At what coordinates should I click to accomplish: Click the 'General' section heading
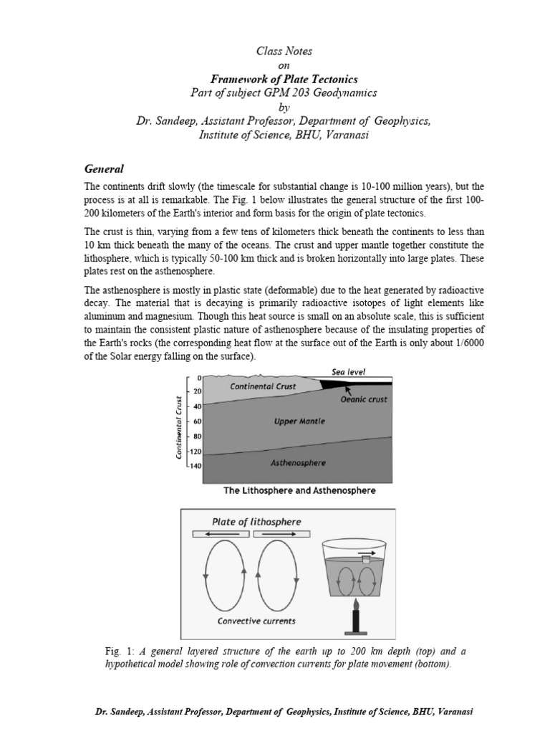(x=105, y=169)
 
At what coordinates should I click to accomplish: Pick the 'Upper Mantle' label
(x=299, y=421)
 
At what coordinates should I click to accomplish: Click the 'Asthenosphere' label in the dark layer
(x=297, y=462)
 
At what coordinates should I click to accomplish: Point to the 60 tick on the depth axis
(x=197, y=421)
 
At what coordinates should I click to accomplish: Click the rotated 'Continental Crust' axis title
(x=170, y=428)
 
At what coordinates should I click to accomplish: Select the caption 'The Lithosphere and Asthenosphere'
(x=299, y=492)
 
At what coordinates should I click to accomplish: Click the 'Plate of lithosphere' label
(x=257, y=521)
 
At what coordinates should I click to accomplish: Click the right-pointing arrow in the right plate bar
(x=281, y=534)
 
